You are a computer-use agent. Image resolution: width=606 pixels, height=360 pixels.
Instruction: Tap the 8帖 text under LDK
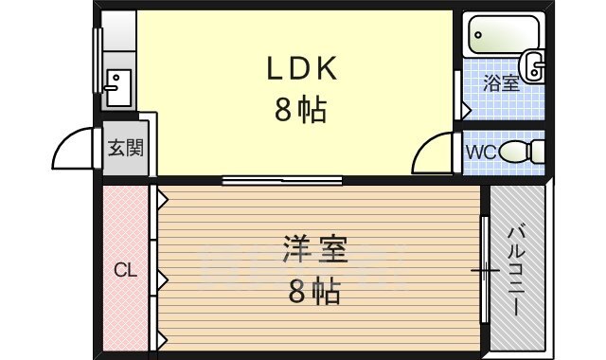point(300,112)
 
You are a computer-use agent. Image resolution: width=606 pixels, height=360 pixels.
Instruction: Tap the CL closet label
point(125,270)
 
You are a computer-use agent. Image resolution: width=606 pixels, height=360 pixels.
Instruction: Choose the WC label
point(479,152)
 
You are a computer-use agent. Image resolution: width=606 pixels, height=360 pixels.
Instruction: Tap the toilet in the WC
point(524,152)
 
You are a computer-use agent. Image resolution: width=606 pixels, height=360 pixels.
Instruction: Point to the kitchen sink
point(117,88)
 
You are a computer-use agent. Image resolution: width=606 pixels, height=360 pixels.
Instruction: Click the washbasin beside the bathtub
point(535,68)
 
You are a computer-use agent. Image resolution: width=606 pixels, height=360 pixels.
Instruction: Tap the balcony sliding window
point(485,271)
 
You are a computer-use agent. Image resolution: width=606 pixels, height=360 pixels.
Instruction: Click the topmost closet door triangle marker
point(163,200)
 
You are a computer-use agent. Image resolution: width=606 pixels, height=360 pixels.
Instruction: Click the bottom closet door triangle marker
point(163,338)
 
